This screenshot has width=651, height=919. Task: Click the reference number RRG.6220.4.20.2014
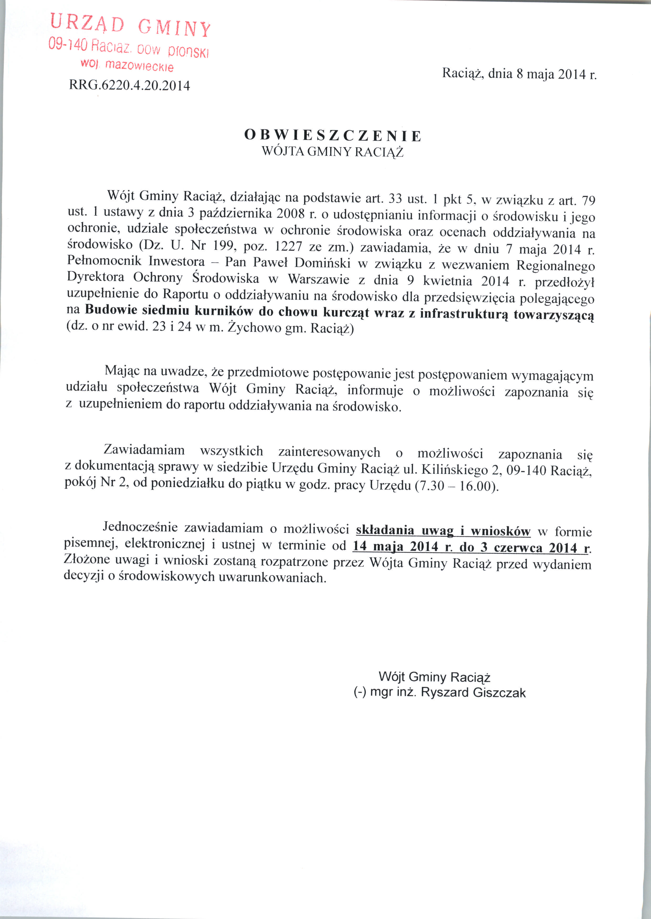click(129, 85)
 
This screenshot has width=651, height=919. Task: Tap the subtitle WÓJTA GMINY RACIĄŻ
click(332, 152)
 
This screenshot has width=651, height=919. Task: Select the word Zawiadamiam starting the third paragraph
click(144, 450)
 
